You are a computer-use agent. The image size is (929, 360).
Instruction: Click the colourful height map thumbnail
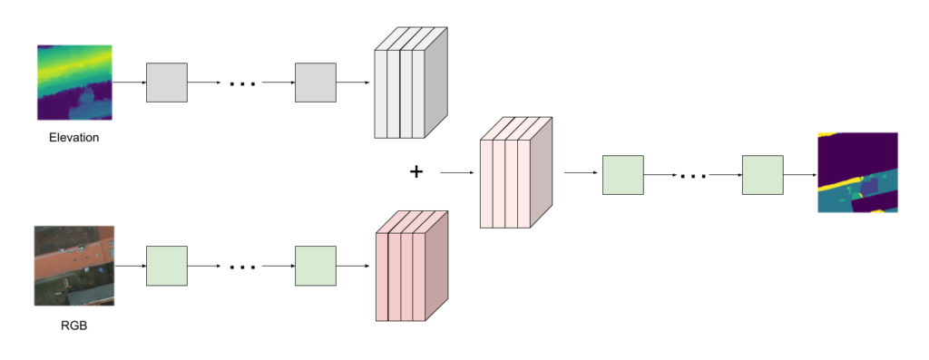tap(74, 83)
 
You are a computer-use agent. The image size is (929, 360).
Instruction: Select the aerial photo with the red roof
tap(74, 266)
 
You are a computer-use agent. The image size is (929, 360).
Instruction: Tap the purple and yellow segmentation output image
tap(857, 172)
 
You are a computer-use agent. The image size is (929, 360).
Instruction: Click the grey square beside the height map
tap(167, 83)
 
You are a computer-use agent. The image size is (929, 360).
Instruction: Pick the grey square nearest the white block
tap(315, 83)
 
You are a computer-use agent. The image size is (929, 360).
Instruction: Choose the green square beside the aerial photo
tap(167, 266)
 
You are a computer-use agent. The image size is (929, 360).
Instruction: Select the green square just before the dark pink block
tap(315, 266)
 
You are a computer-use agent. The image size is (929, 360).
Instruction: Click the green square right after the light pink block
tap(622, 175)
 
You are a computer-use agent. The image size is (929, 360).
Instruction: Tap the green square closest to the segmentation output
tap(762, 175)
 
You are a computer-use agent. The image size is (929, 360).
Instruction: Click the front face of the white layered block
tap(399, 94)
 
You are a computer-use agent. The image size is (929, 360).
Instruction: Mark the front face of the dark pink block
tap(400, 277)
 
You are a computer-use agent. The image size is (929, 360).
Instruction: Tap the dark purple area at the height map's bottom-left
tap(54, 107)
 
